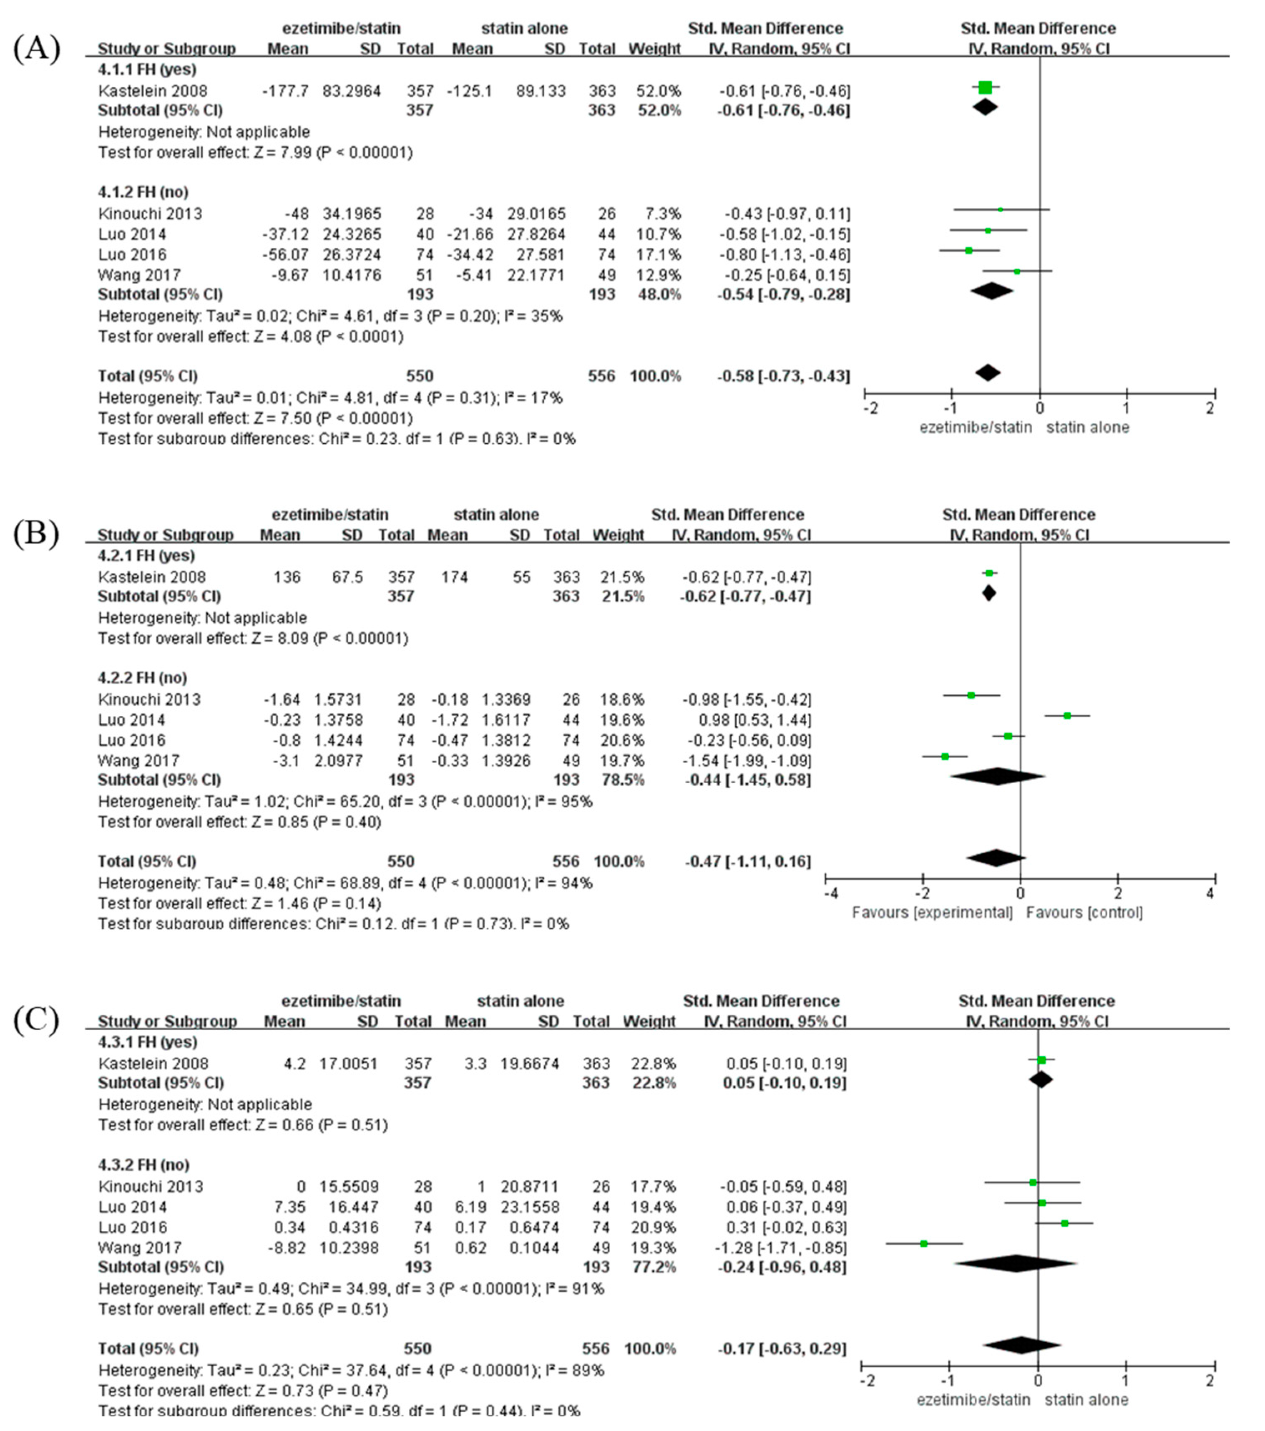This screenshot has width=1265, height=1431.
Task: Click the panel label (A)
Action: tap(36, 49)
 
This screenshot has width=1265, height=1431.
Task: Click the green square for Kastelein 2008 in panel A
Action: tap(985, 88)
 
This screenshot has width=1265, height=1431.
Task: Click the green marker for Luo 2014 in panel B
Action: tap(1067, 716)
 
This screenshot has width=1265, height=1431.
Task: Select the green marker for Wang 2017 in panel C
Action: tap(924, 1243)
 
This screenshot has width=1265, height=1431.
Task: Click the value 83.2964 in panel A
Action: tap(352, 91)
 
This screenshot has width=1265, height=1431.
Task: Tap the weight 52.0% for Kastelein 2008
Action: tap(658, 91)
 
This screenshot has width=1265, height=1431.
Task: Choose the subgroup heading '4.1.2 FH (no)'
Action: tap(143, 192)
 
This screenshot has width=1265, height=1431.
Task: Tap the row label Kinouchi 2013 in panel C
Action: tap(151, 1187)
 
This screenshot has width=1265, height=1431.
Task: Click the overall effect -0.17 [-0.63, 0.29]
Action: tap(782, 1348)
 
